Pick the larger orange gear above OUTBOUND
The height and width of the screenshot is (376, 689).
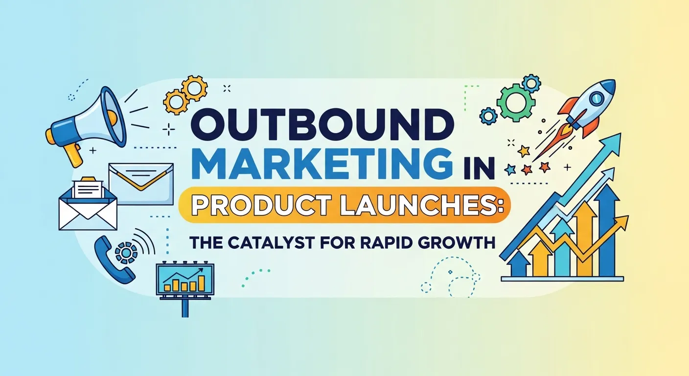(194, 88)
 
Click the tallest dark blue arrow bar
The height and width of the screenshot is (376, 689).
(608, 230)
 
